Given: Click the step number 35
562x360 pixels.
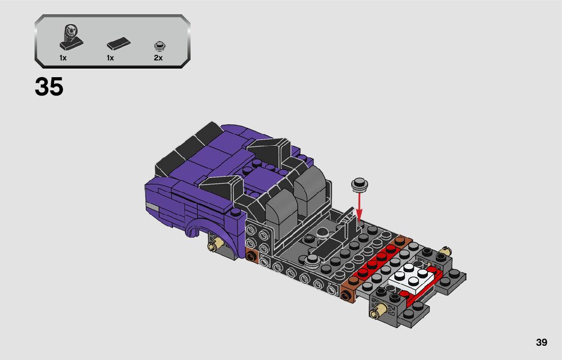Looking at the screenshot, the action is [x=49, y=86].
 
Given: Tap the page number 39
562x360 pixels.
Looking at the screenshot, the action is [x=542, y=342].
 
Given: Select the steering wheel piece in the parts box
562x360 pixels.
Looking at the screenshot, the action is [x=71, y=37].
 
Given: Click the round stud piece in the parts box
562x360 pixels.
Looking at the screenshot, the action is [x=160, y=46].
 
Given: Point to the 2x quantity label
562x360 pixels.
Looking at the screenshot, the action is [x=158, y=58].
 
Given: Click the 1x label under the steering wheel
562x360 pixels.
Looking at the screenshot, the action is [x=63, y=58].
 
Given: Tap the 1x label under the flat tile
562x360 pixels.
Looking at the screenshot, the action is [x=110, y=58].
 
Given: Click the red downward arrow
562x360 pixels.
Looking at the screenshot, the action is [x=359, y=206].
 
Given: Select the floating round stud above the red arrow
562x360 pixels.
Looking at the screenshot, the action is [x=359, y=184].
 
